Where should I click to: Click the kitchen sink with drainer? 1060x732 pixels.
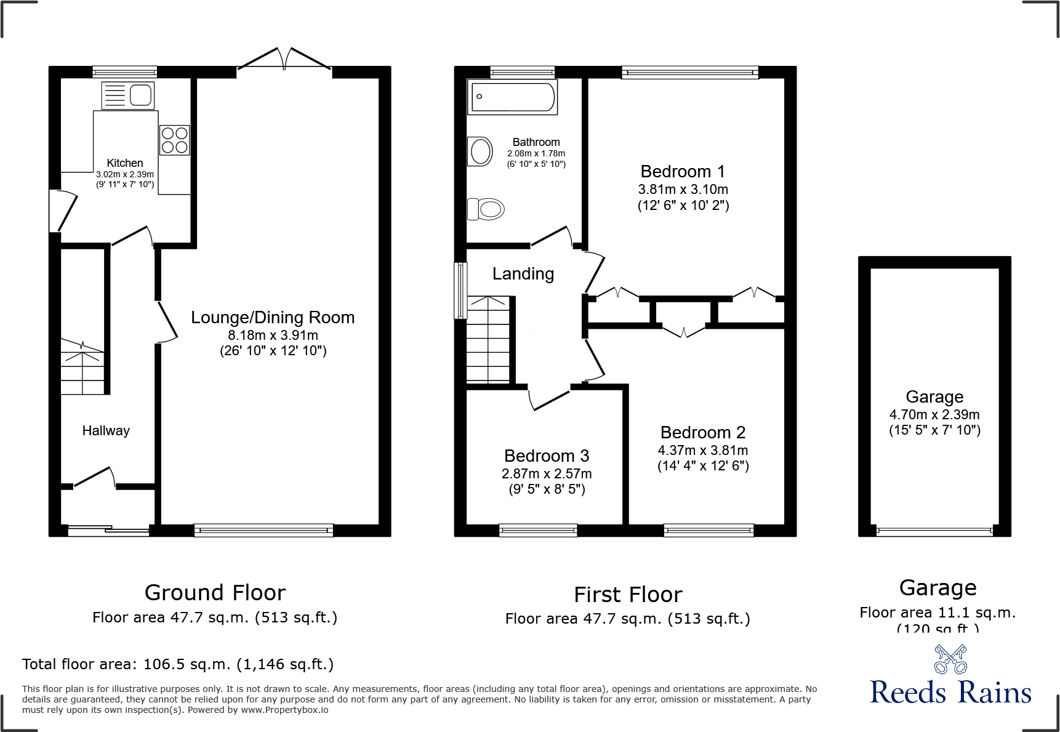128,95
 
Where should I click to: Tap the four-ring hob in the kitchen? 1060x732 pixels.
174,140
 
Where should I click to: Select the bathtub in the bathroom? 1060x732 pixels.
513,97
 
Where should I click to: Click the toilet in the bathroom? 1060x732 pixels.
486,209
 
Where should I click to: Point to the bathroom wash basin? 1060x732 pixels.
480,151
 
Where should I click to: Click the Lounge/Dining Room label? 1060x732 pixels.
273,318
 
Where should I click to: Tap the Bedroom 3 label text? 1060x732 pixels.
547,456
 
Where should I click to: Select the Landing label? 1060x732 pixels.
523,274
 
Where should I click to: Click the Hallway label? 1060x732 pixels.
106,431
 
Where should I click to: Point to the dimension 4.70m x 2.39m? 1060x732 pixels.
934,415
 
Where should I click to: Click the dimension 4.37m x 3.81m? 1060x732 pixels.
703,451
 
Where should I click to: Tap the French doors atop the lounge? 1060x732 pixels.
284,60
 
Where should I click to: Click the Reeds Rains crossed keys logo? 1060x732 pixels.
950,659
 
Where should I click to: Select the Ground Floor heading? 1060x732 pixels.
215,593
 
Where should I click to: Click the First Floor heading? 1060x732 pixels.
628,595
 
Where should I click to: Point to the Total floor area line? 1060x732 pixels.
178,664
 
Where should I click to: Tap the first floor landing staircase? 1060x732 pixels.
488,339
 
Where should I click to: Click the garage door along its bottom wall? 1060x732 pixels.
934,531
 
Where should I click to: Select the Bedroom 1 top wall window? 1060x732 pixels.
690,73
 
